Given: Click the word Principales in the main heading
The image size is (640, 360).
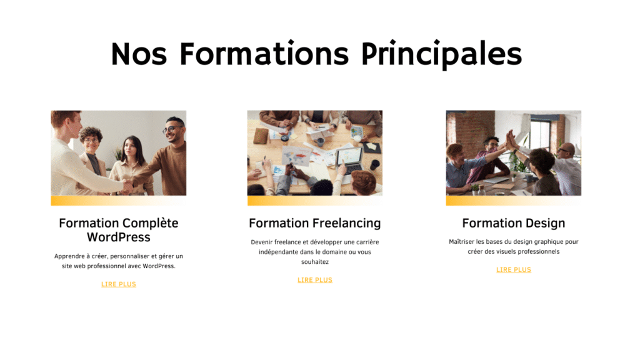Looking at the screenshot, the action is click(442, 54).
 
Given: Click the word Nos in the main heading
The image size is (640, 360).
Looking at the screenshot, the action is click(139, 54).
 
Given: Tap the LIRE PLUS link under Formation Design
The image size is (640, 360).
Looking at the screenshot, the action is click(514, 270).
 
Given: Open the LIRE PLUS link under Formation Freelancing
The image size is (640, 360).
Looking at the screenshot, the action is click(315, 280).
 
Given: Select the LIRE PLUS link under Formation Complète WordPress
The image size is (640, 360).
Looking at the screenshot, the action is click(118, 284).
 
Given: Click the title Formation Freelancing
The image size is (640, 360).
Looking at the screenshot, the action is click(315, 223).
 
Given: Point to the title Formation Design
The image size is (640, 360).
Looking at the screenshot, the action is click(514, 223).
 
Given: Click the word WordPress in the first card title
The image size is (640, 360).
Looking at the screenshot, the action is click(118, 237).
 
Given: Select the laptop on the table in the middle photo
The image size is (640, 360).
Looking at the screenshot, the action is click(349, 160).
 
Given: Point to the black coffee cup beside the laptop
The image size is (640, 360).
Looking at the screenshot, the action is click(374, 165).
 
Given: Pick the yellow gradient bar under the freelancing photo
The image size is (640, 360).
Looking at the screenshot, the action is click(315, 201).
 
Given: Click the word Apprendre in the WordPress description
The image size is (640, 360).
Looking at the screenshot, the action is click(69, 256).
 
